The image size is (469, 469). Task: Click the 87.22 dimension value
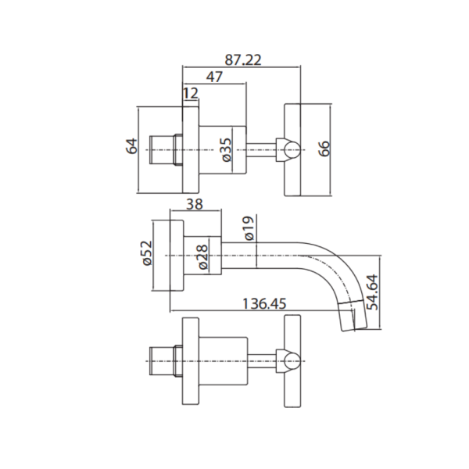point(243,60)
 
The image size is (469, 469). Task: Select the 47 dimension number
point(214,77)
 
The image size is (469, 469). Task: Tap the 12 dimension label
point(191,93)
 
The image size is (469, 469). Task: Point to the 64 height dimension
point(131,146)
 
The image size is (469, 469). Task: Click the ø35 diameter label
point(227,149)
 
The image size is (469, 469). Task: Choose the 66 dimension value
point(324,149)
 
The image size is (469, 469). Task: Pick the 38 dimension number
point(195,204)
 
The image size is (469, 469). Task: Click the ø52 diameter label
point(147,253)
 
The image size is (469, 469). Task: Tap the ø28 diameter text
point(202,257)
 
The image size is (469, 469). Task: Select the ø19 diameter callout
point(249,228)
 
